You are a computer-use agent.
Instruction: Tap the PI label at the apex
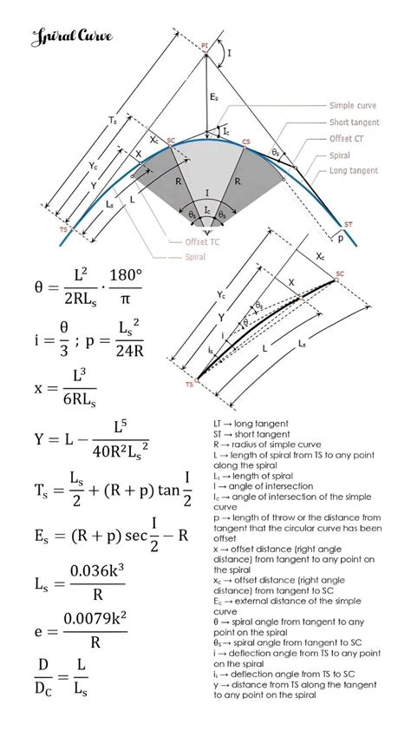pyautogui.click(x=205, y=44)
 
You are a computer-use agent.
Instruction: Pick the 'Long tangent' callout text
pyautogui.click(x=354, y=171)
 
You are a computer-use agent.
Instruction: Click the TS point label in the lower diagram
pyautogui.click(x=189, y=383)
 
